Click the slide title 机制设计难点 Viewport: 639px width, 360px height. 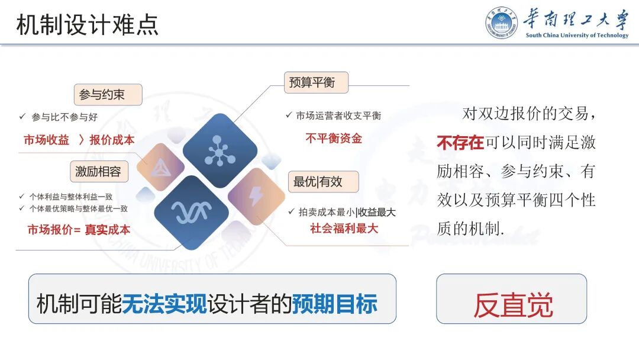pos(88,25)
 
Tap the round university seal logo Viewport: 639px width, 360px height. pos(502,23)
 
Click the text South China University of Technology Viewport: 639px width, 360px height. pos(577,36)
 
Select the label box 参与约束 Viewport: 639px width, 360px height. pos(108,95)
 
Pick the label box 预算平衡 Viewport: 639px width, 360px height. pos(315,83)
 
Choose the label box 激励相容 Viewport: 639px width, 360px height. pos(98,172)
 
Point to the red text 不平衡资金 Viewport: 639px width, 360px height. pos(334,139)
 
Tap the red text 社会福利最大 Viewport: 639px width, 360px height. pos(344,228)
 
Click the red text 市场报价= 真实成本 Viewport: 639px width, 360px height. pos(79,230)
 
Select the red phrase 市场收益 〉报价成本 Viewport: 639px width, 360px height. pos(79,140)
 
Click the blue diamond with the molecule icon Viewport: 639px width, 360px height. pos(220,150)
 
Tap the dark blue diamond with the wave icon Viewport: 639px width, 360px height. pos(191,212)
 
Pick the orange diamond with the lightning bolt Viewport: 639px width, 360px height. pos(256,196)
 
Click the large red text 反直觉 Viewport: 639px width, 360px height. pos(512,305)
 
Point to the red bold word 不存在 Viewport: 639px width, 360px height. pos(460,143)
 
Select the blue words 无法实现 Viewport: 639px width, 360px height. pos(164,304)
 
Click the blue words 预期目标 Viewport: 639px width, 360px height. pos(334,304)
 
